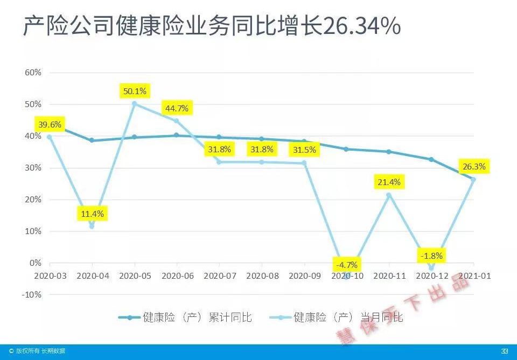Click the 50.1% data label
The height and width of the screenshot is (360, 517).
(x=135, y=90)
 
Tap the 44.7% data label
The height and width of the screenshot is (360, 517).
(x=177, y=108)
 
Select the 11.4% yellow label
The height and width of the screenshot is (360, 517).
(x=92, y=214)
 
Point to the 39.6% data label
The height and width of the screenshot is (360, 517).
(x=50, y=124)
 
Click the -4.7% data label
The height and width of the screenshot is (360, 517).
(x=347, y=265)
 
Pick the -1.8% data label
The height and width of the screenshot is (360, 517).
(x=431, y=256)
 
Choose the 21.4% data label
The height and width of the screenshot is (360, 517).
(x=389, y=182)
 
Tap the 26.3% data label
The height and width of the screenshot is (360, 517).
(x=473, y=166)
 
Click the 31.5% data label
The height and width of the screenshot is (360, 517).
(x=304, y=149)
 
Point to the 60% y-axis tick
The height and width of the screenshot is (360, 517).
(x=33, y=73)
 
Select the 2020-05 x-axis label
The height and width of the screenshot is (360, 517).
(x=135, y=276)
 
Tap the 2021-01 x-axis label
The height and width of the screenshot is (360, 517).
(x=474, y=276)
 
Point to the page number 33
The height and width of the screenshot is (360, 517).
(x=505, y=351)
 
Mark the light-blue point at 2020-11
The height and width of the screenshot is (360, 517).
(x=389, y=195)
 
